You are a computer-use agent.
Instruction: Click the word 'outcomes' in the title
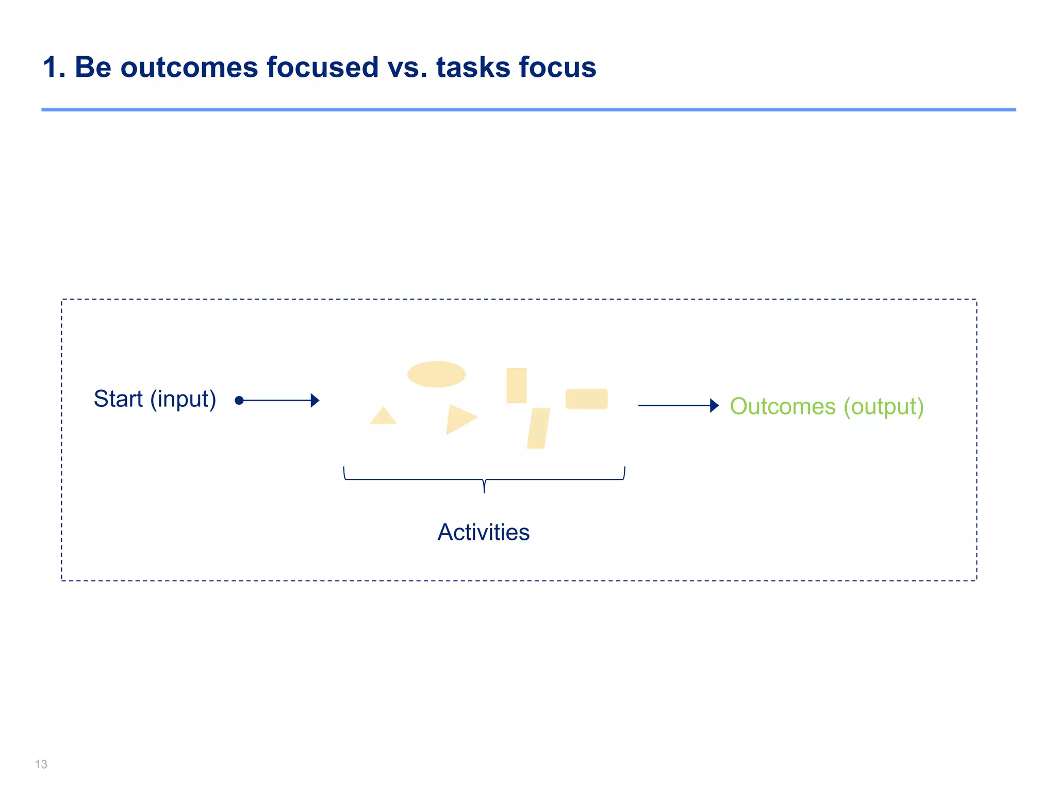pyautogui.click(x=189, y=68)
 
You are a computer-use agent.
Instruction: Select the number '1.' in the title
pyautogui.click(x=54, y=68)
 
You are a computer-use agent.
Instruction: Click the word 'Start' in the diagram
pyautogui.click(x=118, y=399)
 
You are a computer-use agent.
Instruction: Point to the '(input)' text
pyautogui.click(x=183, y=400)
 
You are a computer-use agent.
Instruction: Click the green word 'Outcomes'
pyautogui.click(x=782, y=406)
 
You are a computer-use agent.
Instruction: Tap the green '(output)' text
pyautogui.click(x=883, y=407)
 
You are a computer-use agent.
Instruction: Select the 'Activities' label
pyautogui.click(x=483, y=532)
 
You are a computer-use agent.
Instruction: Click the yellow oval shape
pyautogui.click(x=436, y=374)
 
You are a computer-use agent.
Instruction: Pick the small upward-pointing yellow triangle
pyautogui.click(x=383, y=417)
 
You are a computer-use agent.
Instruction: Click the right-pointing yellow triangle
pyautogui.click(x=459, y=419)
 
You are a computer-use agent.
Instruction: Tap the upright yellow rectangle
pyautogui.click(x=516, y=386)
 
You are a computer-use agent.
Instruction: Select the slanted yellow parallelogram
pyautogui.click(x=538, y=428)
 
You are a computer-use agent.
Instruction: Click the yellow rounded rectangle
pyautogui.click(x=586, y=399)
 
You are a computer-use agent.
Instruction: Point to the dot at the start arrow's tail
pyautogui.click(x=239, y=401)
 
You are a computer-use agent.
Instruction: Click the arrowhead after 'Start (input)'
pyautogui.click(x=315, y=401)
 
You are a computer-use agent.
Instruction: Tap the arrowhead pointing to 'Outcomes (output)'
pyautogui.click(x=714, y=406)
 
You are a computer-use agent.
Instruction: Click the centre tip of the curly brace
pyautogui.click(x=484, y=491)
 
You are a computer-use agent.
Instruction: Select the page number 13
pyautogui.click(x=41, y=764)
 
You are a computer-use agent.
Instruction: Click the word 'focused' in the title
pyautogui.click(x=322, y=68)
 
